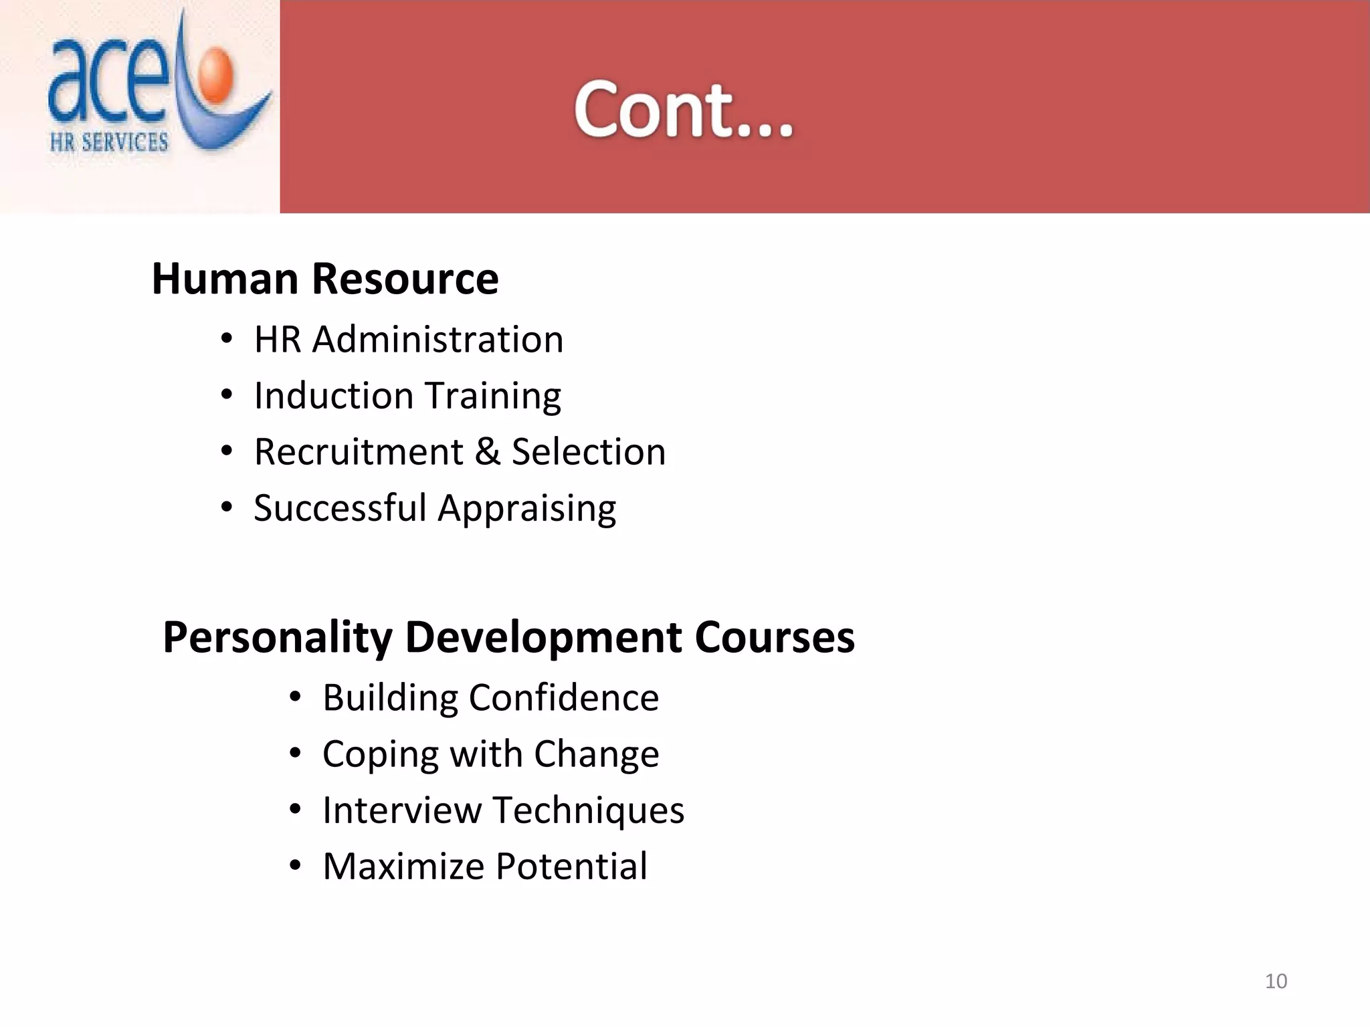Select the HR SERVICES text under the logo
coord(109,142)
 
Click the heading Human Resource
coord(325,279)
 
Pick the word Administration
coord(437,339)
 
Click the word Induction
coord(334,395)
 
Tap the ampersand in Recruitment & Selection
coord(488,452)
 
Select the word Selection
coord(589,452)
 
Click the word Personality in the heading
coord(277,637)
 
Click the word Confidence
coord(563,698)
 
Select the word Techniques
coord(589,810)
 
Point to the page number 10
coord(1276,981)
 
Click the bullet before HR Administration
coord(227,339)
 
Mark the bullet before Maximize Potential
coord(295,867)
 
